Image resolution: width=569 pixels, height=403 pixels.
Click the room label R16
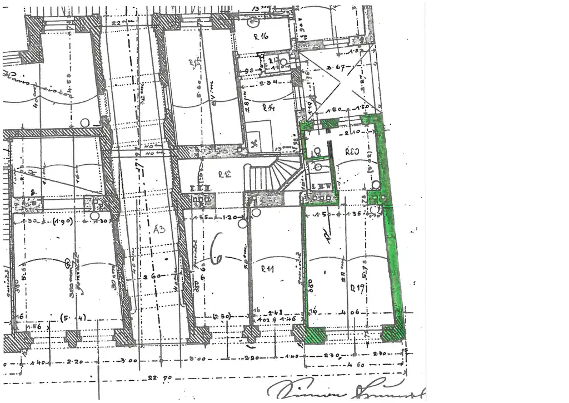pos(261,36)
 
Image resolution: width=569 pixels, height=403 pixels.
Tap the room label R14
pos(269,107)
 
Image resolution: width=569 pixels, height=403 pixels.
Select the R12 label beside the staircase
pos(224,174)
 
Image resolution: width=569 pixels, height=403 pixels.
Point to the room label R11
pos(268,270)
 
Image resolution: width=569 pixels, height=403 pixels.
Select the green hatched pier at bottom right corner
pos(393,333)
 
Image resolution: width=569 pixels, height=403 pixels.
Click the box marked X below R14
pos(255,141)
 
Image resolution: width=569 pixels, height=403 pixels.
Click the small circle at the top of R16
pos(253,23)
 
